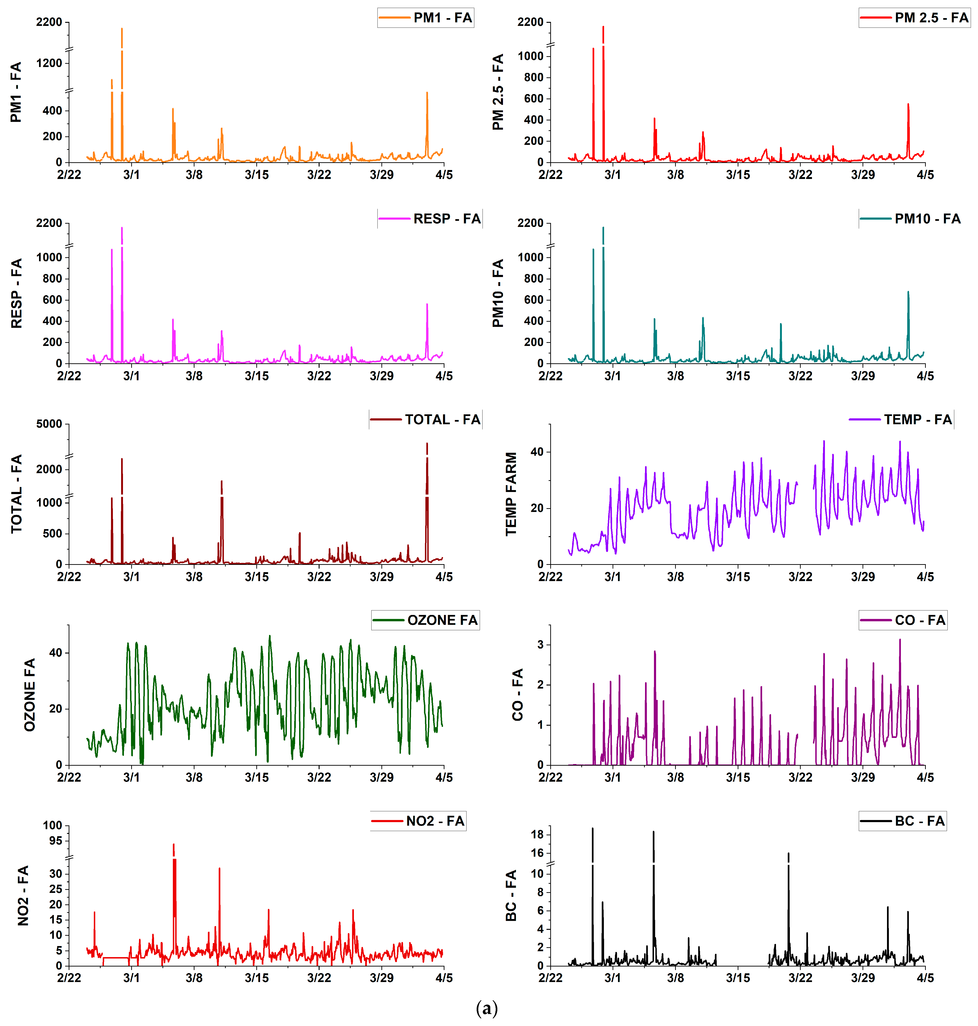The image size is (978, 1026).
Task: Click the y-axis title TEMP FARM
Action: (x=511, y=494)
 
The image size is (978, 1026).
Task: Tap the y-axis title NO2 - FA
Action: (x=23, y=896)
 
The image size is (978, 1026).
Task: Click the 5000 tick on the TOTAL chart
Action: (x=50, y=424)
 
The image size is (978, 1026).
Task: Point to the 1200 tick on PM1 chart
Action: (x=50, y=63)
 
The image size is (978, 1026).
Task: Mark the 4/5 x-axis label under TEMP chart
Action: (x=925, y=577)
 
